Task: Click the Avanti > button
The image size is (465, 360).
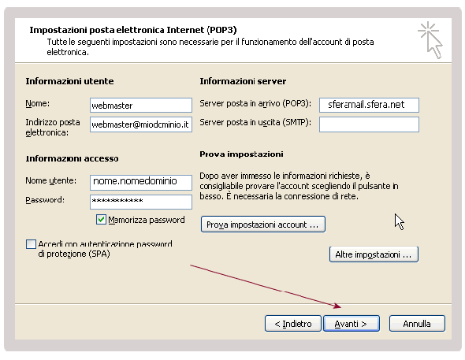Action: click(352, 323)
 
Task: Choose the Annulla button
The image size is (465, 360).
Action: click(417, 323)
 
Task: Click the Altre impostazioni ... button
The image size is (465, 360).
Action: click(374, 254)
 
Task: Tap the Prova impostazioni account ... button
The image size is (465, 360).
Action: click(262, 225)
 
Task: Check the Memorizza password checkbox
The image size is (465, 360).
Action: click(101, 220)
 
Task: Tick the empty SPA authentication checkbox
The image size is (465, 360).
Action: click(31, 244)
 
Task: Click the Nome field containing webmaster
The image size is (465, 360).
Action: click(141, 106)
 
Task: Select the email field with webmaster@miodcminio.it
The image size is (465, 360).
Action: click(141, 124)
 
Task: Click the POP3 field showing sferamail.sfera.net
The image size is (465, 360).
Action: click(369, 105)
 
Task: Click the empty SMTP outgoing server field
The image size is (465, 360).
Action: click(369, 124)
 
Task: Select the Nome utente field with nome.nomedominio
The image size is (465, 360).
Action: click(141, 182)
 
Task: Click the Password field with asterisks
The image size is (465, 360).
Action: click(141, 202)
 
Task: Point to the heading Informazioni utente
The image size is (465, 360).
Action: click(69, 81)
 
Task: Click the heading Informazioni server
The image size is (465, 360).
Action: click(243, 81)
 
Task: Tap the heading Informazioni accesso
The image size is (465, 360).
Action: click(72, 158)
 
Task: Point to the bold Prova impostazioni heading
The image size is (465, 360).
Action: click(241, 154)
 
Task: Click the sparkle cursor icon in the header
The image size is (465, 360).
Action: click(430, 40)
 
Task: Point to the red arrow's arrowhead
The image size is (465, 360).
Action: click(337, 306)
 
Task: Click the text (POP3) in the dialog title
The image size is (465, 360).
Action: click(221, 30)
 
